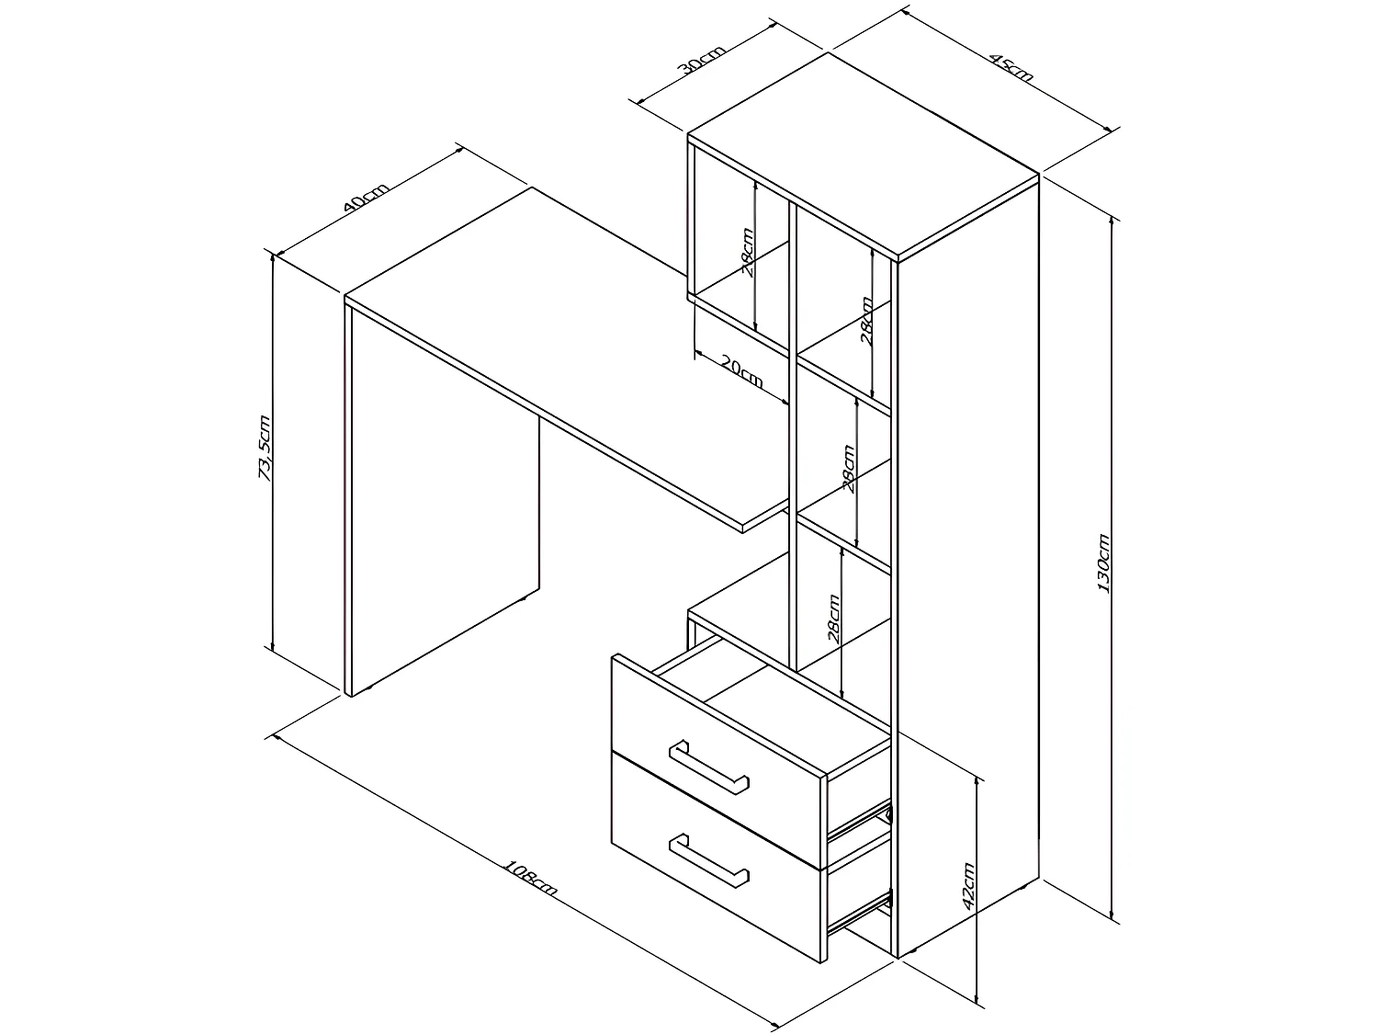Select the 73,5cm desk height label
[265, 448]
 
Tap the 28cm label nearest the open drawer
[832, 617]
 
